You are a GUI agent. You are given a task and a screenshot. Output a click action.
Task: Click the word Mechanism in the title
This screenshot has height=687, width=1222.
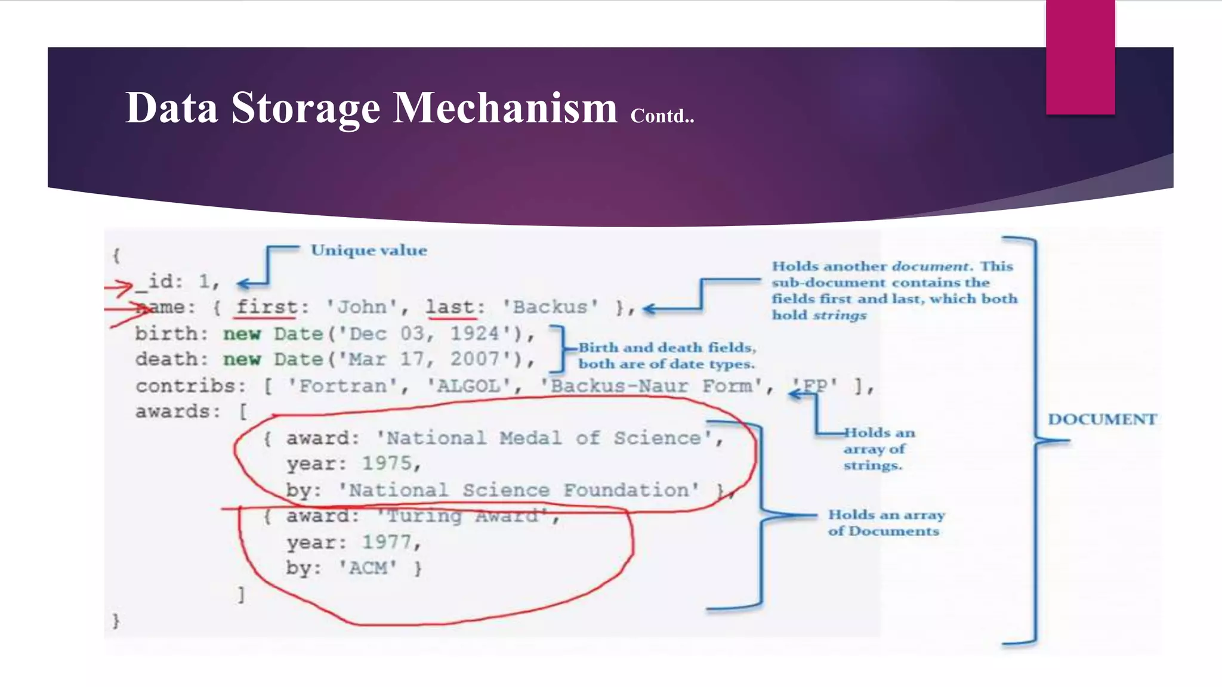point(505,108)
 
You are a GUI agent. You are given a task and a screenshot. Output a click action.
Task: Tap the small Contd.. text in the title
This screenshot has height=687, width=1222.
point(662,116)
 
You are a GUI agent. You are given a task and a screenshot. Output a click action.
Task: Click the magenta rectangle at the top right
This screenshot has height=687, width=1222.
point(1080,57)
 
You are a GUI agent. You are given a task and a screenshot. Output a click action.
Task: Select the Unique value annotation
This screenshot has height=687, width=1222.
point(369,250)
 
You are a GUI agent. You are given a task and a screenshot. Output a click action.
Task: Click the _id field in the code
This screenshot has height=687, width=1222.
point(159,281)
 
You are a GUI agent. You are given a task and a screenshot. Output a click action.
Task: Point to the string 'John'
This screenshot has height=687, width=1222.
point(362,307)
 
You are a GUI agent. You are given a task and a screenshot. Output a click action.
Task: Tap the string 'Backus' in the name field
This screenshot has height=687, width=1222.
point(550,307)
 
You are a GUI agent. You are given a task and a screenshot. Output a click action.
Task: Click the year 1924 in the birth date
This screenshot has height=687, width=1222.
point(474,333)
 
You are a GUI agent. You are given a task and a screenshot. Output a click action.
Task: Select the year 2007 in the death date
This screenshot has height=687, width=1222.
point(474,359)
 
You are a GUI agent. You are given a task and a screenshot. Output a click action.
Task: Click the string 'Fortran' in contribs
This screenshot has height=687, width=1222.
point(342,386)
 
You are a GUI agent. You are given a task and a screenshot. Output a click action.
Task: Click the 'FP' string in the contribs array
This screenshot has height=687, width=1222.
point(815,386)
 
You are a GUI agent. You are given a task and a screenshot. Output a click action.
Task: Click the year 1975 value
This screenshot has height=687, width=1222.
point(387,463)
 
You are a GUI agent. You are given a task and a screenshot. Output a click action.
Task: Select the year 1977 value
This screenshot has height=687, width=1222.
point(387,542)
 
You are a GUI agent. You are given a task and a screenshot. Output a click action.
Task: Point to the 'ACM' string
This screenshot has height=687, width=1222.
point(368,568)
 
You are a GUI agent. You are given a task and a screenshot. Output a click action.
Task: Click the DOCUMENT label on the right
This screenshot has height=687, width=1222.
point(1102,419)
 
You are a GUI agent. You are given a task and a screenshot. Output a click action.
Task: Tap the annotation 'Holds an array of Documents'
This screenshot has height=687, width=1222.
point(885,523)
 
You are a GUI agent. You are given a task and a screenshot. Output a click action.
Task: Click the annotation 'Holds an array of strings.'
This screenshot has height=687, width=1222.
point(878,449)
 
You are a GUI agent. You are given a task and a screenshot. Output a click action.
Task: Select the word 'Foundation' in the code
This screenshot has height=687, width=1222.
point(631,490)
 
